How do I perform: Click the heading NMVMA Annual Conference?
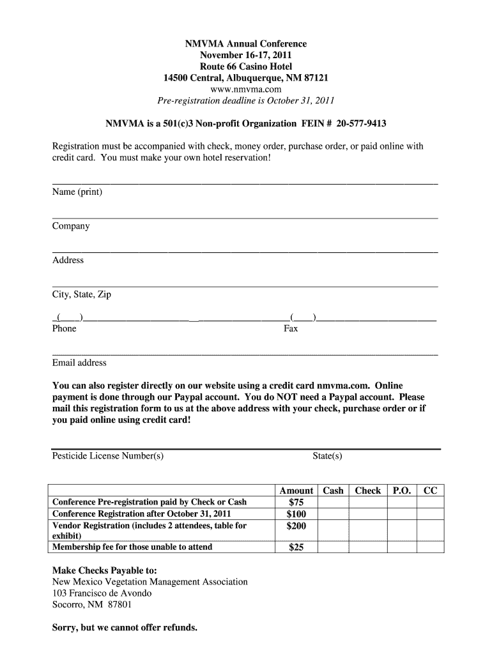point(245,44)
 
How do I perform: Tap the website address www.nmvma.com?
point(245,89)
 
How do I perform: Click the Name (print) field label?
point(77,192)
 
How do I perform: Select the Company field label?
point(71,226)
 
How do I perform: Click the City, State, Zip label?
point(82,294)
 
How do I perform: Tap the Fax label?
point(291,328)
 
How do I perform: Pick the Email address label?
point(79,363)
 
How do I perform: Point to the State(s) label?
point(327,455)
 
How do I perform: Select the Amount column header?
point(296,490)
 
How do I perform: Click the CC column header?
point(431,490)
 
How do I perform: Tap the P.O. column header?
point(401,490)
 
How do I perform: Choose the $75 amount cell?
point(296,502)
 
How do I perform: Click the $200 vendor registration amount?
point(296,526)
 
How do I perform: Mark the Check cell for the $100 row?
point(367,514)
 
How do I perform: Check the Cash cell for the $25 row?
point(333,547)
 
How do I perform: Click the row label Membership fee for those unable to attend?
point(132,547)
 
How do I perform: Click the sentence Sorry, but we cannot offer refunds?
point(125,628)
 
